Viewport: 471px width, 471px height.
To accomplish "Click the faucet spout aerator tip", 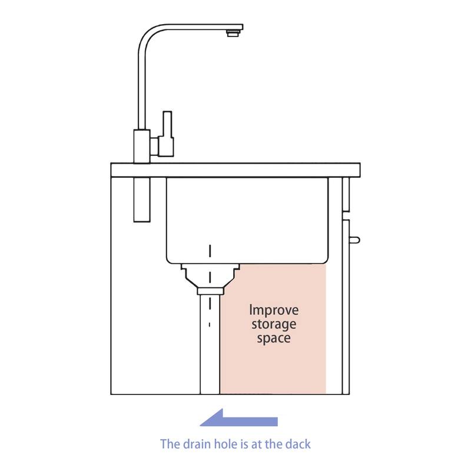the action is click(233, 33).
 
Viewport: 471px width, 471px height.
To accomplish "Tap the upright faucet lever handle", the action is click(167, 134).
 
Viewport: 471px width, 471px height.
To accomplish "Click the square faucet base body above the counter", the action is click(142, 146).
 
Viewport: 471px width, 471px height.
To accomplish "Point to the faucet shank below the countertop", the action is click(142, 200).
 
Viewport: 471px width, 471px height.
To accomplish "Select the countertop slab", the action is click(235, 170).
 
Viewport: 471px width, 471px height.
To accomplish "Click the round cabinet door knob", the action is click(354, 240).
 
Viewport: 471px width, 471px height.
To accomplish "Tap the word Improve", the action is click(274, 310).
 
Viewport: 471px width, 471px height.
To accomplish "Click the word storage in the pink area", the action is click(274, 324).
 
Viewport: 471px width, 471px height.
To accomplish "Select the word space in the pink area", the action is click(274, 338).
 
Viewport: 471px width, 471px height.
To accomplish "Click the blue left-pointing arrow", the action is click(238, 418).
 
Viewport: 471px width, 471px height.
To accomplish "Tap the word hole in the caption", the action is click(225, 444).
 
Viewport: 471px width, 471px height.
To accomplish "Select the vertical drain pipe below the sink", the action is click(210, 344).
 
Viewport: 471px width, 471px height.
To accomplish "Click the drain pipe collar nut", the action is click(210, 291).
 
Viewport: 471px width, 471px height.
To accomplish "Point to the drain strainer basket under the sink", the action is click(210, 276).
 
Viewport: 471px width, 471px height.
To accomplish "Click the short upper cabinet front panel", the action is click(346, 194).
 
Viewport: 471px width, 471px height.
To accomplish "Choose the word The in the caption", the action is click(169, 444).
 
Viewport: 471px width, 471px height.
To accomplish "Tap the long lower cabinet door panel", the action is click(346, 307).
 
